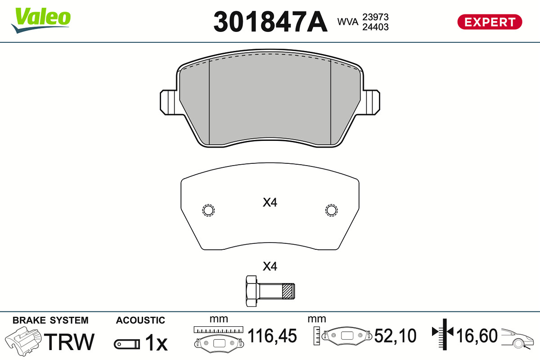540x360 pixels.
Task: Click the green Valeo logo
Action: click(x=41, y=20)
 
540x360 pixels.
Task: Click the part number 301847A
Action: click(x=270, y=22)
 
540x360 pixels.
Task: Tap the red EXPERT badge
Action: click(x=490, y=22)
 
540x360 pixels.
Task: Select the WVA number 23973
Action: click(x=375, y=17)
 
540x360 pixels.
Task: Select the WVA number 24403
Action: click(x=375, y=27)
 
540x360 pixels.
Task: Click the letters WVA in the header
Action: click(x=347, y=22)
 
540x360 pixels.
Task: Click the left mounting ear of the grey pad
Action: click(x=169, y=102)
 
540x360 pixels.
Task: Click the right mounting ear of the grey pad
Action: click(x=372, y=102)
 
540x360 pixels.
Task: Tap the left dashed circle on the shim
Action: click(x=208, y=210)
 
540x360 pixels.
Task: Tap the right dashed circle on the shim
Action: click(x=331, y=210)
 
